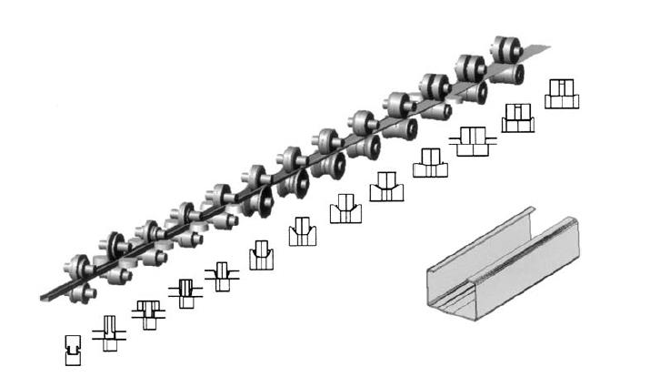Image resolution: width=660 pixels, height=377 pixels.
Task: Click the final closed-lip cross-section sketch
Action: pos(74,348)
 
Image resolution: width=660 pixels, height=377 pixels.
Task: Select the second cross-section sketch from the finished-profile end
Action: pos(109,331)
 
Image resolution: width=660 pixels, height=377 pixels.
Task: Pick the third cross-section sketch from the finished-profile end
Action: pos(147,312)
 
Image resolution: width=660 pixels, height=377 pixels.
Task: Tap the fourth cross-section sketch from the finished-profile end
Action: pos(184,292)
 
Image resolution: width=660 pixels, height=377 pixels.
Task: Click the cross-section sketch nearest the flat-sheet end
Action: pos(562,94)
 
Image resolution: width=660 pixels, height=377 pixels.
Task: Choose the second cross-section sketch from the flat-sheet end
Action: pos(518,117)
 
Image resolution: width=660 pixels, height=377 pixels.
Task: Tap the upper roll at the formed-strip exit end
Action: pos(80,267)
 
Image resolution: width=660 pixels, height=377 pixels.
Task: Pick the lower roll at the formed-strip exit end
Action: pos(83,293)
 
